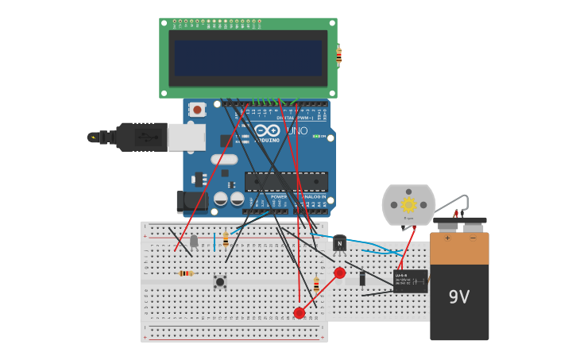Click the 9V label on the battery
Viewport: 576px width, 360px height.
point(458,297)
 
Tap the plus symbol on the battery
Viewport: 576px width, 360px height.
point(446,238)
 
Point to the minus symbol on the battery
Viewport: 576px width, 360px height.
point(473,238)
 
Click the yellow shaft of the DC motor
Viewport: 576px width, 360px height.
point(408,204)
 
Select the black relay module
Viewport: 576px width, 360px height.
point(410,281)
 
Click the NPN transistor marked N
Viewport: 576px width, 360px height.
point(339,243)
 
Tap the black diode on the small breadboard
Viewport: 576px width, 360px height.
point(362,278)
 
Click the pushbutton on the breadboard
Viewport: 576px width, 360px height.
point(219,281)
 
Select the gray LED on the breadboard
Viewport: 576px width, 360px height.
point(194,240)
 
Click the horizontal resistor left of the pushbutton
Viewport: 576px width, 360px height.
point(185,273)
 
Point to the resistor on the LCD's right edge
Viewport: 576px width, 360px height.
point(339,56)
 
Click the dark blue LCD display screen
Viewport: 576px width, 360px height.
point(248,58)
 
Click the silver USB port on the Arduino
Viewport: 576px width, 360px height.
point(187,137)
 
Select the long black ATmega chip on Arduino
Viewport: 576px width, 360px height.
point(286,181)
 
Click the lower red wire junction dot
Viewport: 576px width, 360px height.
point(299,313)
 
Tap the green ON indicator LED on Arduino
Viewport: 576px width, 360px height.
point(316,137)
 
